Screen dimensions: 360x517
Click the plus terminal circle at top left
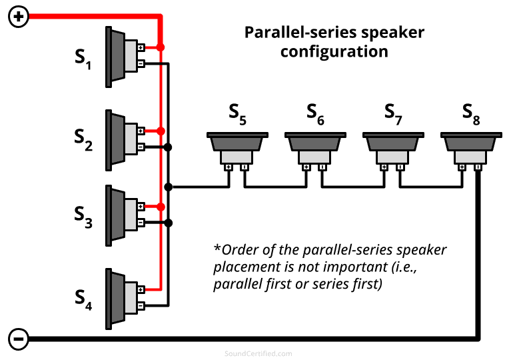click(19, 17)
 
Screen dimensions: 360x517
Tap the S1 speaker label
click(83, 59)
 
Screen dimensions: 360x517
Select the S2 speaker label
click(83, 140)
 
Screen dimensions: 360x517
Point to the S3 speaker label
click(83, 217)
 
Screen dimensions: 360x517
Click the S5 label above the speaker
click(238, 115)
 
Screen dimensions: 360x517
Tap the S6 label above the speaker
click(316, 115)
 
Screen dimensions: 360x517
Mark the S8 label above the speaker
click(472, 115)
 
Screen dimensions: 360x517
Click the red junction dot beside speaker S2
click(160, 131)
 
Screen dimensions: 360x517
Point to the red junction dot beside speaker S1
click(160, 47)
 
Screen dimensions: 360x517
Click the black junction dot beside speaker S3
click(169, 223)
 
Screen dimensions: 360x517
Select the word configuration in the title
click(334, 51)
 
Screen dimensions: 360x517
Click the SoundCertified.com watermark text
click(258, 353)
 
